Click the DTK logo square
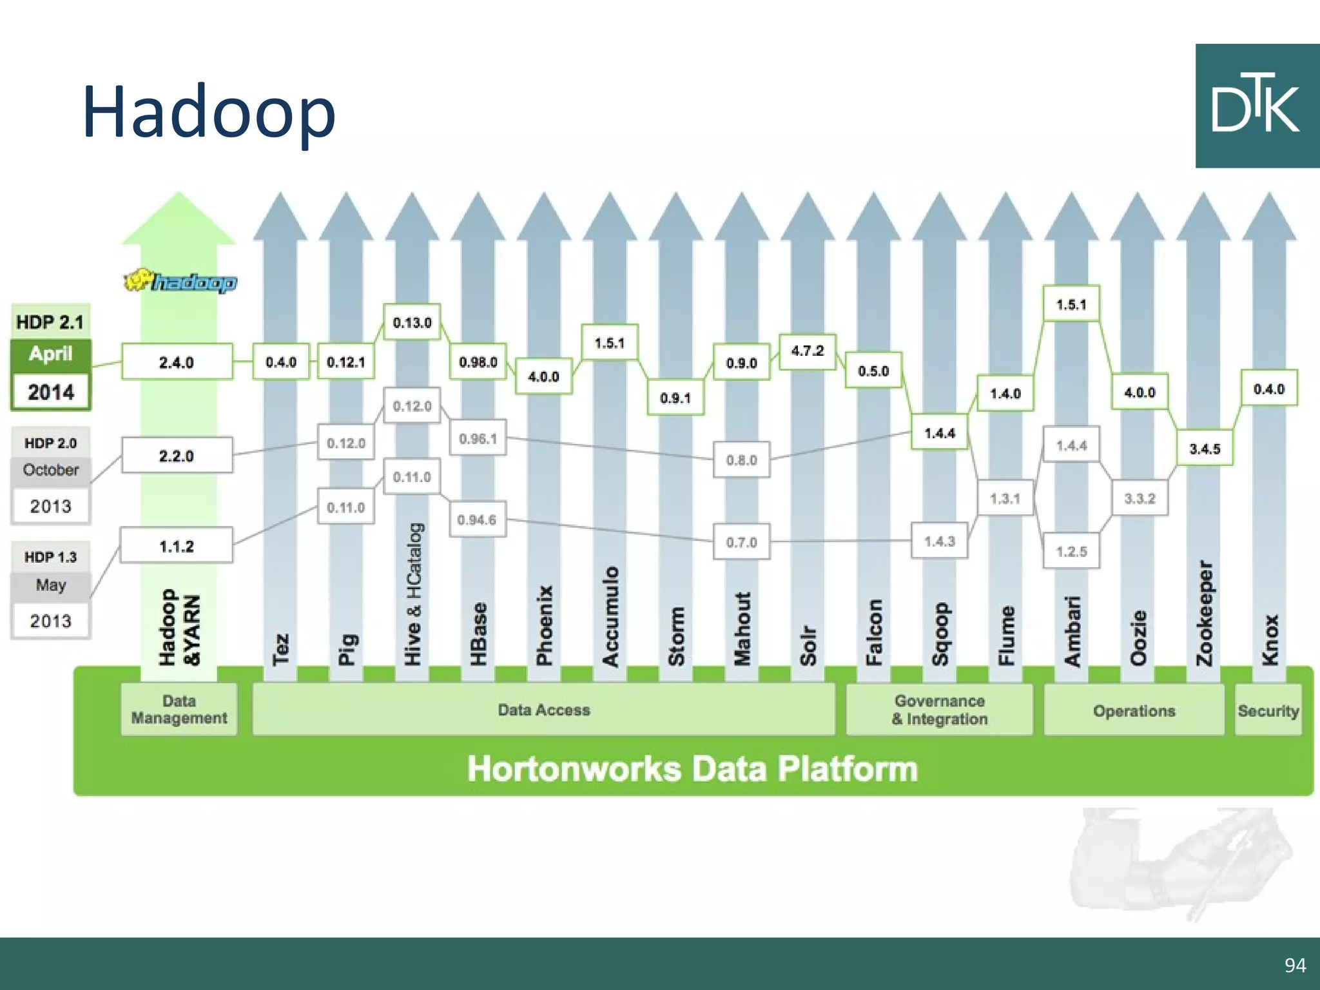1257,106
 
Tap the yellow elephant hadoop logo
180,282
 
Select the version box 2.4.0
177,362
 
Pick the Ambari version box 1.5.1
1071,304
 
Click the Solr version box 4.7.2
807,351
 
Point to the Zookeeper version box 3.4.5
1204,449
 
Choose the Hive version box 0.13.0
412,322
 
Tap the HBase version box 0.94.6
477,519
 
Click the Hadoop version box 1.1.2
177,547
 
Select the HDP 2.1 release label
50,322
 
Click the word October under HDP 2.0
50,470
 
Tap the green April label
50,354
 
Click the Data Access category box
543,710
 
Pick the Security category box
1268,711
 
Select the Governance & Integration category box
939,710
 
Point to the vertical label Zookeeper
1204,613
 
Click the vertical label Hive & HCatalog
412,594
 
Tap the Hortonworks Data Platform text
692,769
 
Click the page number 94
1295,965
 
